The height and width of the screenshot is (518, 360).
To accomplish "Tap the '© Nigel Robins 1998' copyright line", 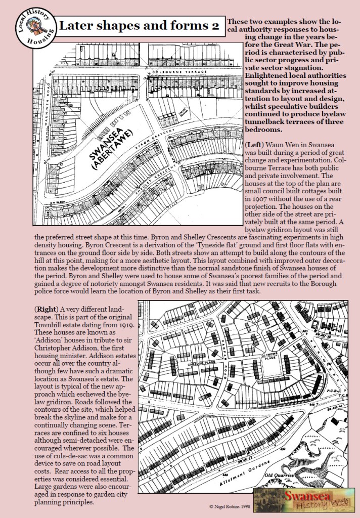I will click(x=230, y=505).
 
